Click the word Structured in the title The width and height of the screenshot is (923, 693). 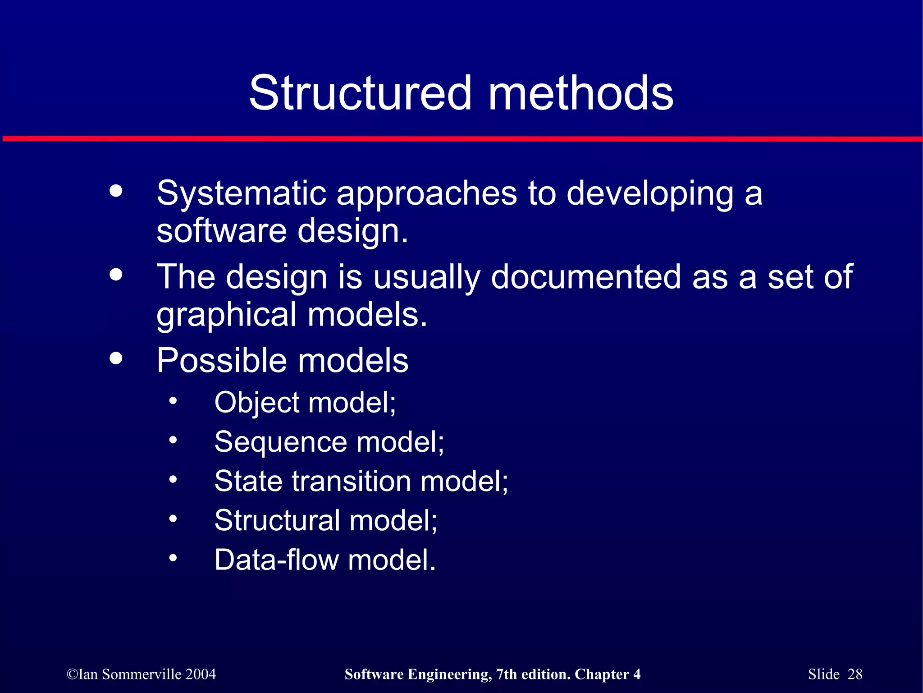coord(361,93)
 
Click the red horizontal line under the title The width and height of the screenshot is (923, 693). coord(461,139)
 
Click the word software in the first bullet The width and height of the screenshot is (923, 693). coord(221,231)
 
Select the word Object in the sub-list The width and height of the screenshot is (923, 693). coord(257,402)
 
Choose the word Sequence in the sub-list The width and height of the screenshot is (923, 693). coord(280,442)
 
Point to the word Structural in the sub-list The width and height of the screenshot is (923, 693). coord(277,520)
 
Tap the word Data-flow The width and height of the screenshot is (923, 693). coord(276,560)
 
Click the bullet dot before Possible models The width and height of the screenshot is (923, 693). coord(116,358)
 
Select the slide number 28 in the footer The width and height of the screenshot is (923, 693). coord(854,674)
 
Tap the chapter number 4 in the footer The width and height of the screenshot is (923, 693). coord(637,674)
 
